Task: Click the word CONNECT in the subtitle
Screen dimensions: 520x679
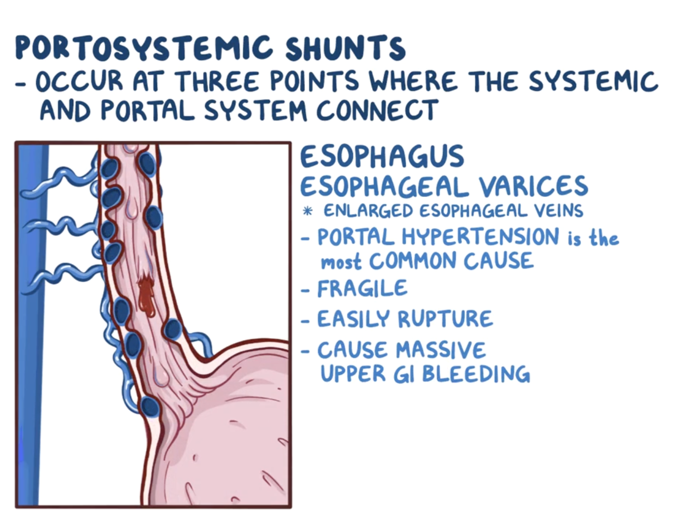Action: (x=377, y=110)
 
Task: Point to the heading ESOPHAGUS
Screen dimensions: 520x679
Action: (x=382, y=157)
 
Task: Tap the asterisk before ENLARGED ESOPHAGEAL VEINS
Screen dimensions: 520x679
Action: (x=307, y=211)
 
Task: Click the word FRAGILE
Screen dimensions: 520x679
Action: (x=362, y=289)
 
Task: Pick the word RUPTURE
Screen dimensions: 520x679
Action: (x=445, y=319)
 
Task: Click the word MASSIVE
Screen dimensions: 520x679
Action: (x=441, y=350)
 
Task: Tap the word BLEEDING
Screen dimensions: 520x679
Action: (x=476, y=374)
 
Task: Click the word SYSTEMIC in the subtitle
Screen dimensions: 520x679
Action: (x=593, y=81)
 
